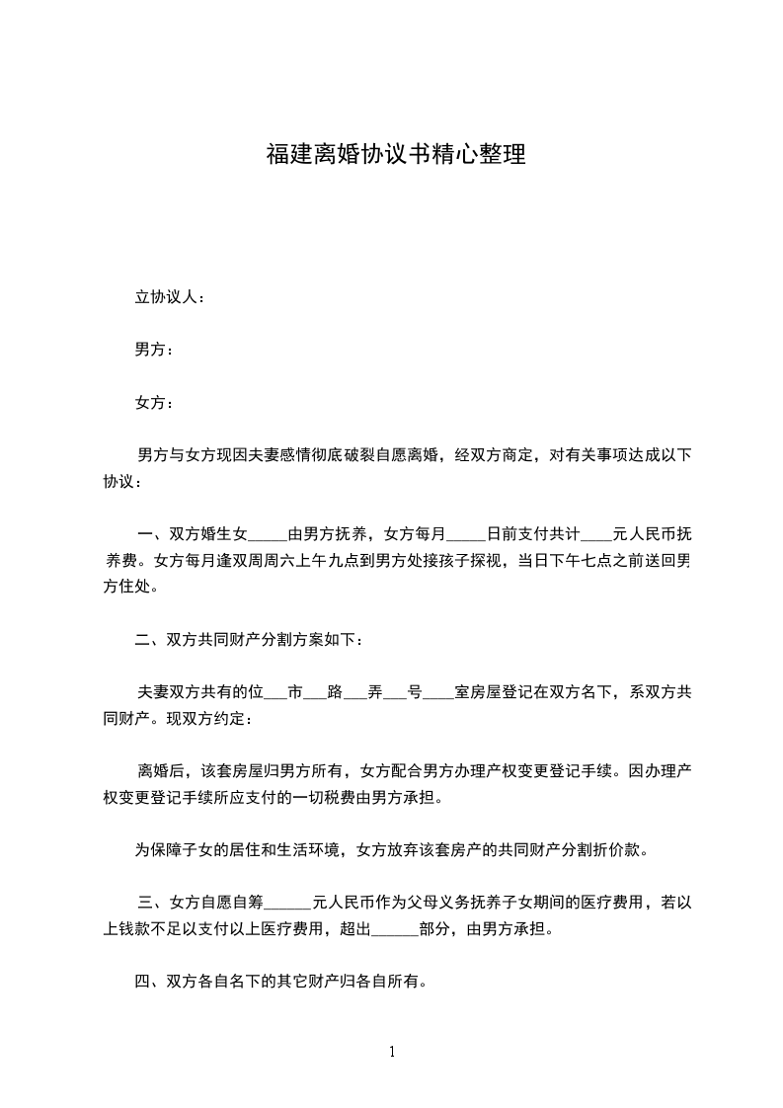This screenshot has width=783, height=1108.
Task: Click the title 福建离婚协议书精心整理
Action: tap(395, 155)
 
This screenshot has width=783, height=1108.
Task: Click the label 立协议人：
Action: tap(170, 297)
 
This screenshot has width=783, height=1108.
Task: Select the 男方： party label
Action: tap(154, 350)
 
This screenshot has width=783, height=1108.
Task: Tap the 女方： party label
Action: tap(154, 402)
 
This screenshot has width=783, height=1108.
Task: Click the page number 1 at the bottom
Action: tap(392, 1052)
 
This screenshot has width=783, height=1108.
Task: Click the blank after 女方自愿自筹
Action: tap(289, 903)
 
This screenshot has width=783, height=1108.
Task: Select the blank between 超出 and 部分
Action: tap(395, 929)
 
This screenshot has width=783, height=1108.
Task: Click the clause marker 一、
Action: tap(152, 536)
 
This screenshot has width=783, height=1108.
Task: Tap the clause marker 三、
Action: tap(152, 903)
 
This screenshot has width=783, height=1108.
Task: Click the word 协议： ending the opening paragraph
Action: tap(123, 482)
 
